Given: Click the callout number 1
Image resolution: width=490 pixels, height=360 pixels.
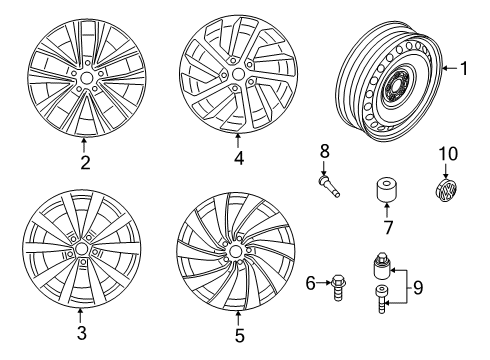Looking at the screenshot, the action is (464, 68).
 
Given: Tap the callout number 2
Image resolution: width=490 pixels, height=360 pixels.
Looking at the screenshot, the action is (85, 162).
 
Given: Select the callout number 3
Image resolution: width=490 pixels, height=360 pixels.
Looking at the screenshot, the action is (81, 332).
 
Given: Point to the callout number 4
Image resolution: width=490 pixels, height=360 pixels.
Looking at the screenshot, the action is (239, 158).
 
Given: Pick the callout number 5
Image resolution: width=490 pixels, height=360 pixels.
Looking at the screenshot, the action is (239, 335).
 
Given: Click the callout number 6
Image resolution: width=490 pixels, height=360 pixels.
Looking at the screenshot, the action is (311, 284).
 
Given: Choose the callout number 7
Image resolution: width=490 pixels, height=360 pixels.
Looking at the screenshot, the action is (387, 227).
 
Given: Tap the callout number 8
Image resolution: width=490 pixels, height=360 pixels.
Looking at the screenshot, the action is (324, 151).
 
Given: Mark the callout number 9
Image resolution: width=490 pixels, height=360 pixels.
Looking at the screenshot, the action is (418, 287).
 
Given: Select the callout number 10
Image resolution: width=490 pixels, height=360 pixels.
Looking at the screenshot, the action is (448, 154).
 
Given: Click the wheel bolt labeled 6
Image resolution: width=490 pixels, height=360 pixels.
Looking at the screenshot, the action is (337, 288).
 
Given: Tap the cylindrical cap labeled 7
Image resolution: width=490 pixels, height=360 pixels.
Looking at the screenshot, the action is (387, 191).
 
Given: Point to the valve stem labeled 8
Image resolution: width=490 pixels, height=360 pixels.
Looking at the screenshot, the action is (329, 186).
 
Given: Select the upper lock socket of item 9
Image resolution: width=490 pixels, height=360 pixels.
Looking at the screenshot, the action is (382, 266).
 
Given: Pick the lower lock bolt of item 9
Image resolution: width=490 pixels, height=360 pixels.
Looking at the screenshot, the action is (381, 299).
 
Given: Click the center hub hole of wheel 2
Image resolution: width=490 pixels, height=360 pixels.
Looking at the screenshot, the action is (87, 78).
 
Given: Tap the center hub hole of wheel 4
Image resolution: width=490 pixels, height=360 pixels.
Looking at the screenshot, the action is (238, 74).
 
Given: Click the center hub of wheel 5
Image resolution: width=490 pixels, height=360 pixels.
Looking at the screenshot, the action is (235, 251).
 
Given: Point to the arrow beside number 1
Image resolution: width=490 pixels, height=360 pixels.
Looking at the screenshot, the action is (449, 68).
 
